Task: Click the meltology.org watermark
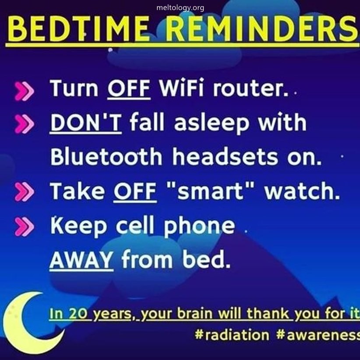click(180, 8)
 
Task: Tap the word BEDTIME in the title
click(78, 29)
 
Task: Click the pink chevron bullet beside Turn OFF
click(24, 92)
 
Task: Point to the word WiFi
click(181, 88)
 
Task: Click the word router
click(250, 88)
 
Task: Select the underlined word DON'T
click(85, 122)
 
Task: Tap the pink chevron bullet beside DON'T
click(24, 124)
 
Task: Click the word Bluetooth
click(106, 156)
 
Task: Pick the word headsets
click(225, 156)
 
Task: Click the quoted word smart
click(211, 191)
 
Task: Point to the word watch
click(302, 191)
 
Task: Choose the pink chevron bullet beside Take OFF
click(24, 192)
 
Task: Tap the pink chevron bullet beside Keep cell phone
click(24, 227)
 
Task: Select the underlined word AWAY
click(81, 260)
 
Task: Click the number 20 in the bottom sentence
click(78, 313)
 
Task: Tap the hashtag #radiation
click(232, 335)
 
